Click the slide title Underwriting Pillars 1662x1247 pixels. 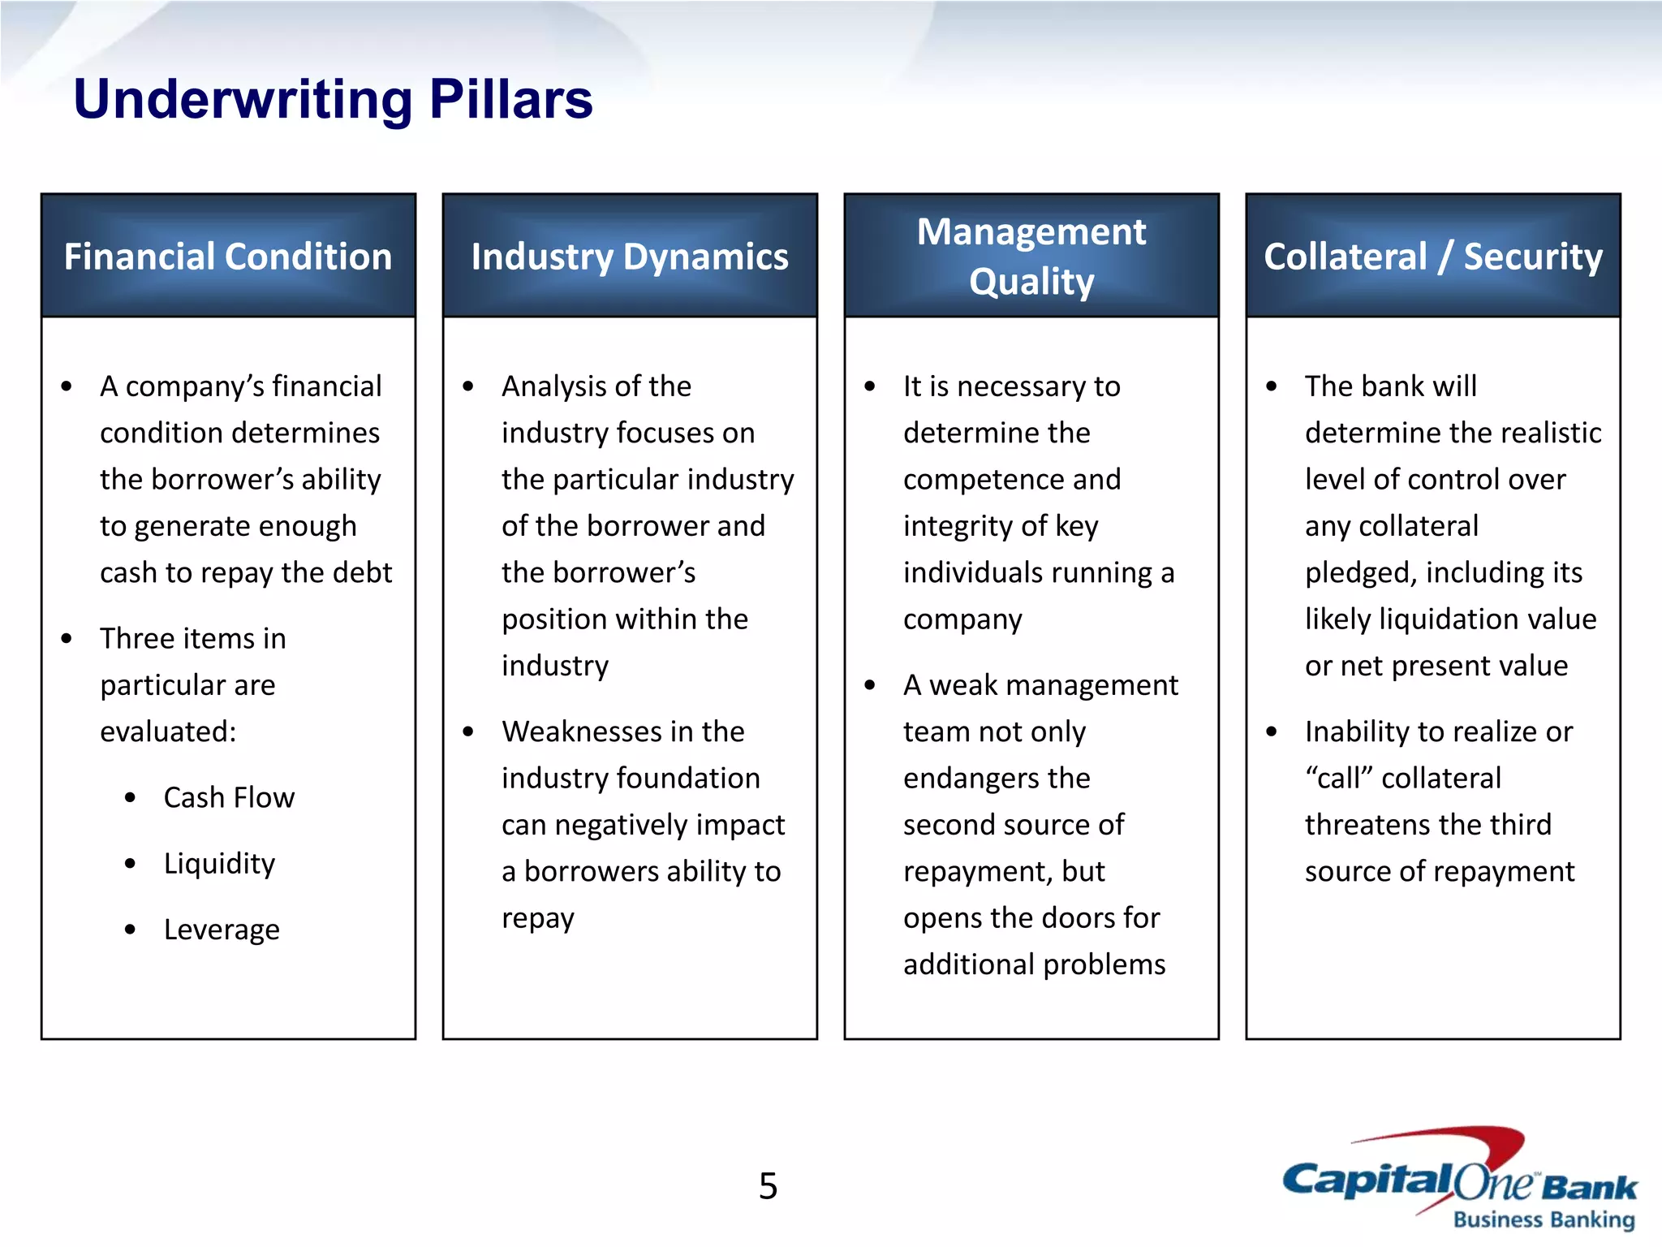[333, 99]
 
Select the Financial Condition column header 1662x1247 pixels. [228, 257]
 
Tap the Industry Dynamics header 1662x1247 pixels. [630, 257]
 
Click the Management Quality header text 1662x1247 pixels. [1031, 257]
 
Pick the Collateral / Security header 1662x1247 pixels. [1433, 257]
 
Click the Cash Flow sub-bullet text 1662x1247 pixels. [229, 797]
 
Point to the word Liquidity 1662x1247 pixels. [219, 863]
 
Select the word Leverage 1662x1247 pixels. [222, 929]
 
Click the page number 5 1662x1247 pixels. [768, 1186]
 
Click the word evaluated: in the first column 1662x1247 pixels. [168, 731]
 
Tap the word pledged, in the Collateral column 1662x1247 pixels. [1360, 572]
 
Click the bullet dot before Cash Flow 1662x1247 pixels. [130, 797]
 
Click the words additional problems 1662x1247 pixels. [1034, 964]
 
